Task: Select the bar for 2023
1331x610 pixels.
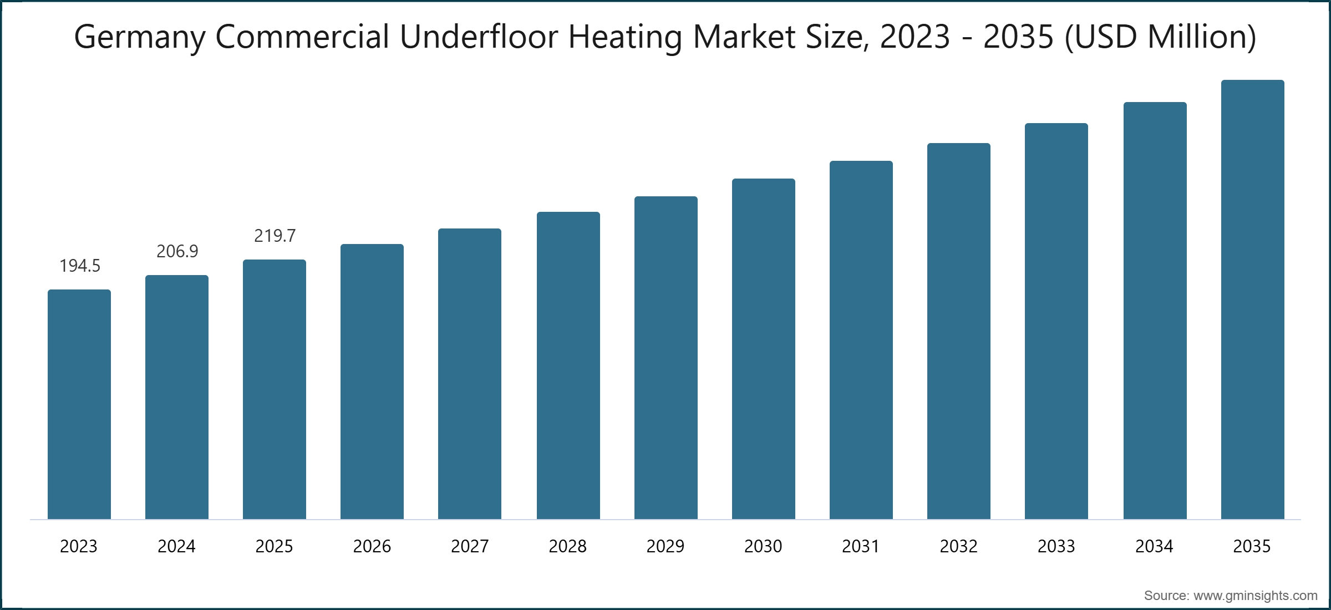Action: (x=79, y=405)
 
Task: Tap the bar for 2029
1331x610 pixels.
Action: (x=665, y=358)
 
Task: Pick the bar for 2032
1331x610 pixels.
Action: (x=958, y=331)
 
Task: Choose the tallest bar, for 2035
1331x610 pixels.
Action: (x=1252, y=299)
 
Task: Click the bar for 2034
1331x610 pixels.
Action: (x=1155, y=311)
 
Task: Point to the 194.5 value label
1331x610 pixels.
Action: (x=80, y=266)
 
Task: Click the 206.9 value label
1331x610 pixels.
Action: (x=177, y=252)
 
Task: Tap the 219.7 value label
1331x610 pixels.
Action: (x=275, y=236)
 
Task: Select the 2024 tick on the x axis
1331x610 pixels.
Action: (x=176, y=547)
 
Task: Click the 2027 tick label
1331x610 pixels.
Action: (x=470, y=547)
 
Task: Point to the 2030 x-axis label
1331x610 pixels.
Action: (x=763, y=547)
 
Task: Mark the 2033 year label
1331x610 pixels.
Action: (x=1056, y=547)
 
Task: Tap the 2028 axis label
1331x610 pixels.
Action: (x=567, y=547)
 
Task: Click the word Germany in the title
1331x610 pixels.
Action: (x=140, y=38)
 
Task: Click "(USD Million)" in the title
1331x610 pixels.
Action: (x=1160, y=37)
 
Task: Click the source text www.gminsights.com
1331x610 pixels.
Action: (x=1255, y=596)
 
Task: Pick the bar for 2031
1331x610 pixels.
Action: (x=861, y=340)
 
